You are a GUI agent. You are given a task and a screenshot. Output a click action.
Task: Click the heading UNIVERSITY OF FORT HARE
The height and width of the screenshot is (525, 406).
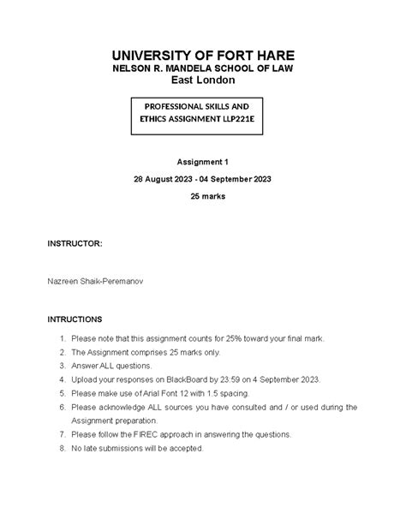(x=204, y=53)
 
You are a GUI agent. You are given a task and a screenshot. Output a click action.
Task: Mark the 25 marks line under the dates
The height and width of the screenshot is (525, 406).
(x=204, y=196)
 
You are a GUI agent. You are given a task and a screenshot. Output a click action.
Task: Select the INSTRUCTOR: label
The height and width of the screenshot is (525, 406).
(x=75, y=244)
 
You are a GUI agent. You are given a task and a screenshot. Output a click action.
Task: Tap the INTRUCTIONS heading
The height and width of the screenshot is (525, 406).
(x=75, y=318)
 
